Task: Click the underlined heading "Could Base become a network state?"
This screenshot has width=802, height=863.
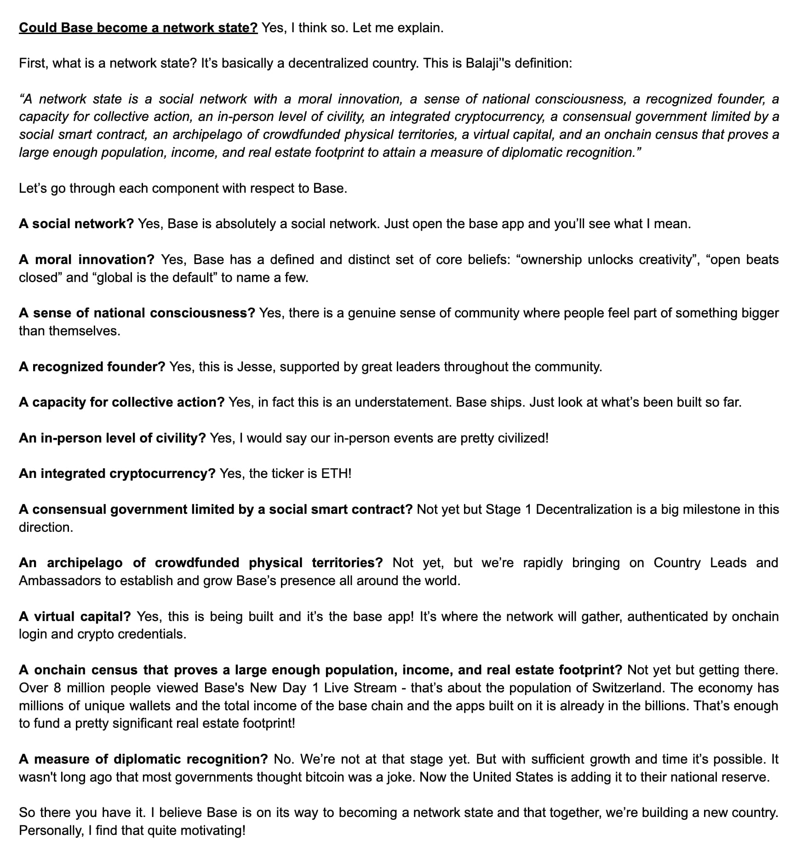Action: [x=138, y=28]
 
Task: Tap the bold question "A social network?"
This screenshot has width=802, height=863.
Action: [x=76, y=224]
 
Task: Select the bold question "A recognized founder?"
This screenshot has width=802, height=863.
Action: [x=92, y=367]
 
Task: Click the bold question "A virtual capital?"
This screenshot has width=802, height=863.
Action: [x=75, y=616]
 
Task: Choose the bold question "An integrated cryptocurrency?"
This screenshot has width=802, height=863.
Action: [x=117, y=473]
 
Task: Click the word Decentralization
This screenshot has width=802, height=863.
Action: [x=584, y=509]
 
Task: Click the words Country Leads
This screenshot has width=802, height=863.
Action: [x=700, y=563]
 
